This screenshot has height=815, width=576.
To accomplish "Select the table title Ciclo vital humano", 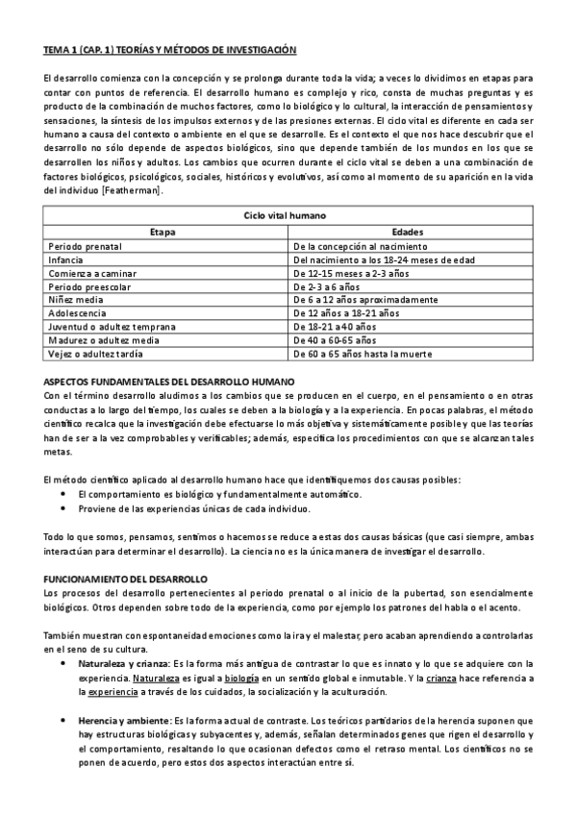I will point(288,217).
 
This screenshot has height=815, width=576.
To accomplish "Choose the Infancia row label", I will point(66,259).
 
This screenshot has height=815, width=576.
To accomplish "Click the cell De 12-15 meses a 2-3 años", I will point(354,273).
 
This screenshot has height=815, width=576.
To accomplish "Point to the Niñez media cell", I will point(77,300).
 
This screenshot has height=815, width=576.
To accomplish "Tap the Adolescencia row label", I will point(78,313).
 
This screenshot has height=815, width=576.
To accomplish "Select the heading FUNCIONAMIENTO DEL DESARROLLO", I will point(125,580).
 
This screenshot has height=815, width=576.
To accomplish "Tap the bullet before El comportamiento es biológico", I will point(63,494).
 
